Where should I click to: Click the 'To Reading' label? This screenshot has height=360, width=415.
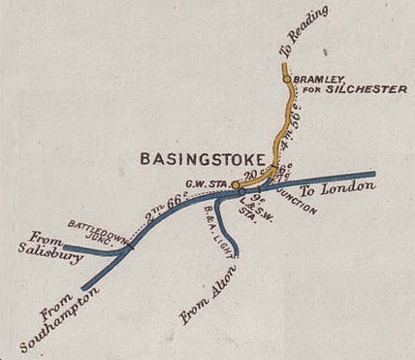tap(309, 30)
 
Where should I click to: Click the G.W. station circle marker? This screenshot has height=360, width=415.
tap(236, 183)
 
